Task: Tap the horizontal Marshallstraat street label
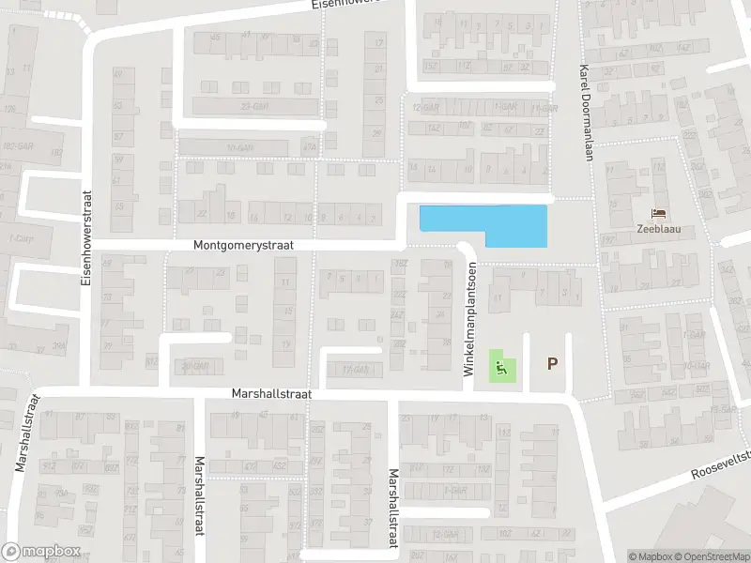(x=271, y=395)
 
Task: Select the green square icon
(x=501, y=369)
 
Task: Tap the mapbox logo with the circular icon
(x=40, y=551)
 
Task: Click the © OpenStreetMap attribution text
(x=709, y=556)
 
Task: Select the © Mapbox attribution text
(x=650, y=556)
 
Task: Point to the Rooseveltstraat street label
(x=723, y=471)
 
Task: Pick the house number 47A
(x=309, y=147)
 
